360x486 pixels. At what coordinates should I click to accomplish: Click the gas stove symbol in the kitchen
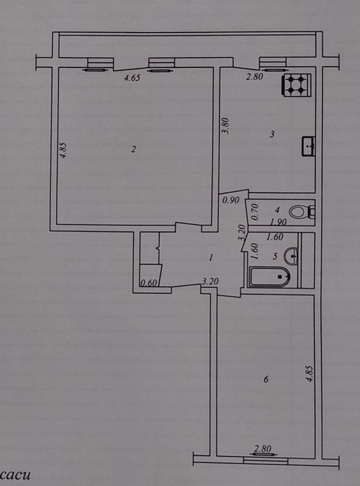pyautogui.click(x=296, y=84)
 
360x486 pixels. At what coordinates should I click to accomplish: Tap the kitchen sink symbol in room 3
pyautogui.click(x=309, y=146)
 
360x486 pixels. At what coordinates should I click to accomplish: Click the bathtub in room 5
pyautogui.click(x=270, y=277)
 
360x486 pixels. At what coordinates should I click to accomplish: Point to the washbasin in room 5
pyautogui.click(x=291, y=256)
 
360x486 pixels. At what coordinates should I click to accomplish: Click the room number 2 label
pyautogui.click(x=133, y=149)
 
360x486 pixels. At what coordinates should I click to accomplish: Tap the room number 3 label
pyautogui.click(x=272, y=134)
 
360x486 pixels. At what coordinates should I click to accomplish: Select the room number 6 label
pyautogui.click(x=265, y=379)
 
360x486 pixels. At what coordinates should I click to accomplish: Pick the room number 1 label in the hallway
pyautogui.click(x=211, y=257)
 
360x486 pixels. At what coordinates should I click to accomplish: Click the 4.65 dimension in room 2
pyautogui.click(x=132, y=78)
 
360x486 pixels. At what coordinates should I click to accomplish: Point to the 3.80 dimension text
pyautogui.click(x=226, y=126)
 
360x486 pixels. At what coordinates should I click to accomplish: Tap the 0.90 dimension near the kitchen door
pyautogui.click(x=231, y=200)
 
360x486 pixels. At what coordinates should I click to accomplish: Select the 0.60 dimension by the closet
pyautogui.click(x=149, y=283)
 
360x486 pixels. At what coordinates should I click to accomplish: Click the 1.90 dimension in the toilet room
pyautogui.click(x=278, y=222)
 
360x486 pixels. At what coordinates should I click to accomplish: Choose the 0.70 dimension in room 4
pyautogui.click(x=255, y=211)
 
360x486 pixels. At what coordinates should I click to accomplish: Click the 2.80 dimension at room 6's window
pyautogui.click(x=263, y=448)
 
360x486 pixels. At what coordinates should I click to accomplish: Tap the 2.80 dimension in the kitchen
pyautogui.click(x=254, y=76)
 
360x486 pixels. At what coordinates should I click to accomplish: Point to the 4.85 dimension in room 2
pyautogui.click(x=63, y=150)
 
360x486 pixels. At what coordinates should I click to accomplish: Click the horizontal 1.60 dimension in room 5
pyautogui.click(x=275, y=237)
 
